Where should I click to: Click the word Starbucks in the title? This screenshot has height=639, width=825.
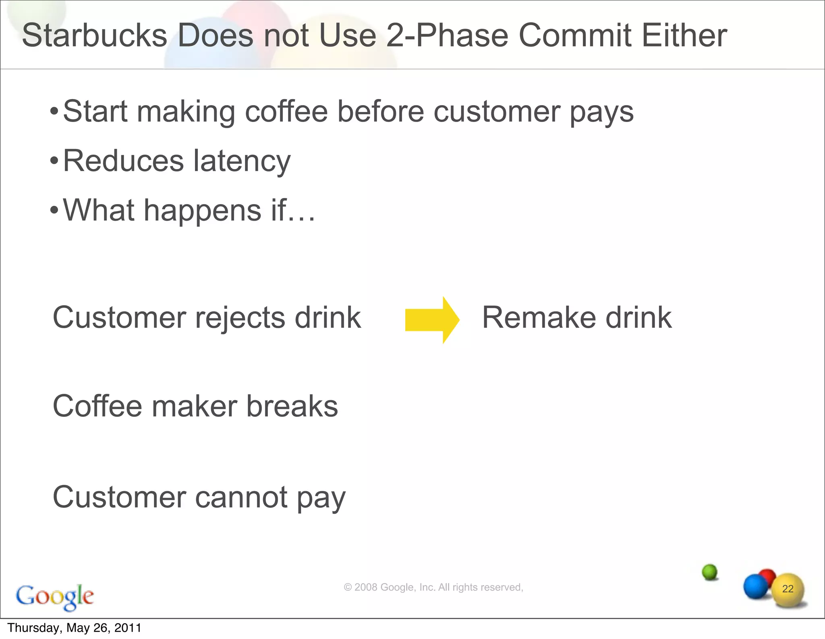tap(94, 35)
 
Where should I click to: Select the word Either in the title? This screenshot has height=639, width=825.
tap(684, 35)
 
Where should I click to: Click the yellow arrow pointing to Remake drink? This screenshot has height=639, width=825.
tap(432, 320)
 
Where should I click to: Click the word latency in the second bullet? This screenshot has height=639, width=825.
tap(242, 161)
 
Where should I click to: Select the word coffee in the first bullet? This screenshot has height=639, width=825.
tap(286, 112)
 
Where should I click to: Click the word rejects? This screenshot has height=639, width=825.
tap(240, 318)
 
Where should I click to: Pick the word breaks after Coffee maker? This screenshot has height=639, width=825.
tap(292, 406)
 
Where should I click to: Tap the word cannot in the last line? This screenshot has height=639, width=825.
tap(241, 497)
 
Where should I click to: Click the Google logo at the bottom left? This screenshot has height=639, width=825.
tap(55, 597)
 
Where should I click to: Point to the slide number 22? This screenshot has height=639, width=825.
tap(788, 589)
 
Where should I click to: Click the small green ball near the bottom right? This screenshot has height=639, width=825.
tap(709, 571)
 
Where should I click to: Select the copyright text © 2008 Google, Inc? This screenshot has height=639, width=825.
tap(433, 587)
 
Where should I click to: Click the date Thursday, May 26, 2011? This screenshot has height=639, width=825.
tap(75, 628)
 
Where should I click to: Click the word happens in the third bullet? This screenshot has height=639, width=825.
tap(203, 211)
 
